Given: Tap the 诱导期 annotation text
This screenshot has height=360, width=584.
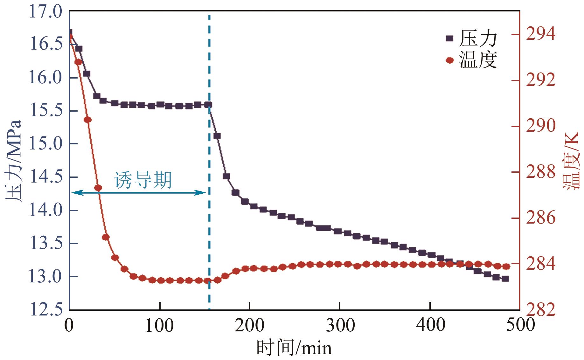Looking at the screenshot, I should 143,180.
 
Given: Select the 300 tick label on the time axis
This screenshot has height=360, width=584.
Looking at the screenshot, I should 340,325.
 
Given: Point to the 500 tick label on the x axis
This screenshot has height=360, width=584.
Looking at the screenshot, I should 519,325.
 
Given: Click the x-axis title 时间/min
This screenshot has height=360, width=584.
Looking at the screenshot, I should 294,348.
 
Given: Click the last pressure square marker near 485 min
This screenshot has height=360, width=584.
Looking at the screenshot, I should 505,279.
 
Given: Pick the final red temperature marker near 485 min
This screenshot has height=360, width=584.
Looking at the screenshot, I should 506,267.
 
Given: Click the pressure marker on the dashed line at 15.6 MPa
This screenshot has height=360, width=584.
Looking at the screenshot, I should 209,105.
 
